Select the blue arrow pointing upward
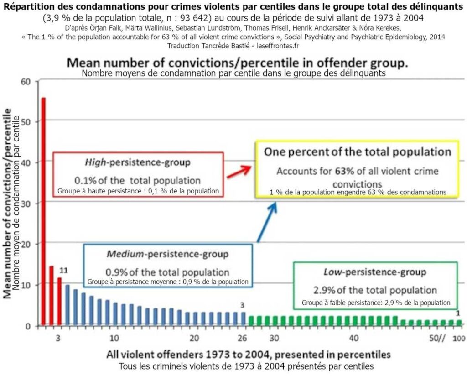[x=267, y=222]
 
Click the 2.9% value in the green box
[x=337, y=290]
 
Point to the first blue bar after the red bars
[x=67, y=305]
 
